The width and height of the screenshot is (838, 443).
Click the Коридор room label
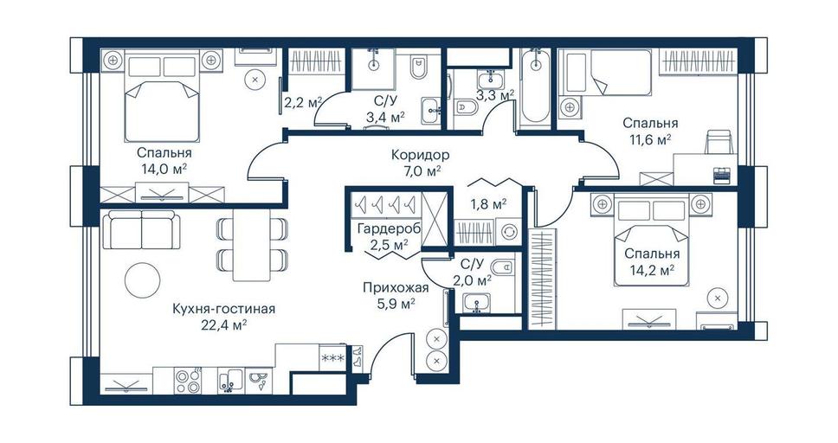point(420,156)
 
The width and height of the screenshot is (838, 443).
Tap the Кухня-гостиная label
point(224,309)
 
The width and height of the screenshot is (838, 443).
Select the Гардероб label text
point(388,229)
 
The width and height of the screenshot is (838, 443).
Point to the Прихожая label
point(396,289)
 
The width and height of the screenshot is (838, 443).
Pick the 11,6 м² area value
point(650,139)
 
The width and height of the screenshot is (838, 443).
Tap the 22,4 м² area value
point(224,325)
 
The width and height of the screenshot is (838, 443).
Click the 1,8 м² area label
point(488,203)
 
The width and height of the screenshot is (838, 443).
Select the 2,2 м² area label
point(303,101)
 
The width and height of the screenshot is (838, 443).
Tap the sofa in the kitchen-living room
point(141,230)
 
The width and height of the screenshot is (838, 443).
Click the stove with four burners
point(187,381)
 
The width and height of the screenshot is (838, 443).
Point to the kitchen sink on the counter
point(231,380)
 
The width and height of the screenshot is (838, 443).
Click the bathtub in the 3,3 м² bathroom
point(535,86)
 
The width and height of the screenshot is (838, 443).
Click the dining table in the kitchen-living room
point(251,245)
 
